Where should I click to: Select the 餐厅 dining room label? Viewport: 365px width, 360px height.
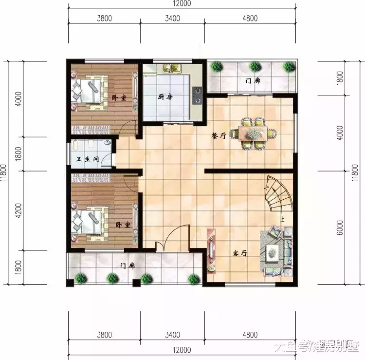click(x=219, y=136)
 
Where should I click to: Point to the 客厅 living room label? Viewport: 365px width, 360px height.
click(x=239, y=253)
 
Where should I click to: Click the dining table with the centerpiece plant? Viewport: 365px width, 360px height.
click(x=253, y=133)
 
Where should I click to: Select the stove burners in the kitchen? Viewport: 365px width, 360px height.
click(x=197, y=95)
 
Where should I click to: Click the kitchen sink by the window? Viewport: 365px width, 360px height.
click(x=172, y=68)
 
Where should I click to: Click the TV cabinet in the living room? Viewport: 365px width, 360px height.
click(x=211, y=254)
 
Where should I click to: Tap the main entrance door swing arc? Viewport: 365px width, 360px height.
click(x=175, y=236)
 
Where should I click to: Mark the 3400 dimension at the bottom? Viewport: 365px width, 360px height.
click(x=173, y=335)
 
